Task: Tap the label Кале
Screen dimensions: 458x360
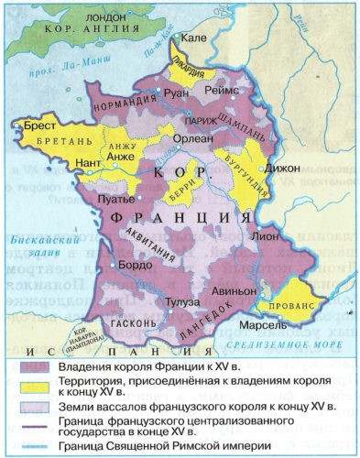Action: pyautogui.click(x=193, y=39)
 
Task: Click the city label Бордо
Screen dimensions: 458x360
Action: pyautogui.click(x=136, y=265)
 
